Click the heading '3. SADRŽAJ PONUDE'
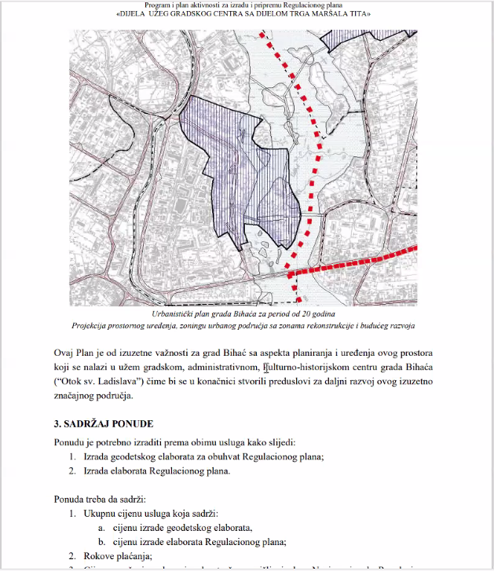(108, 424)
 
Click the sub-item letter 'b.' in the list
(103, 541)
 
